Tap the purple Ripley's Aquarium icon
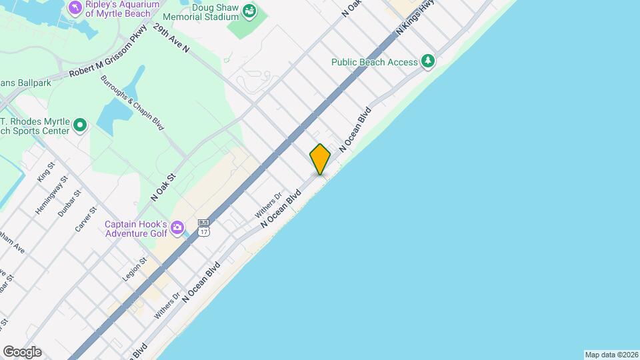point(75,7)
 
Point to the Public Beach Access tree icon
point(428,62)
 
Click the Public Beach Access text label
point(375,62)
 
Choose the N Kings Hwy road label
point(415,18)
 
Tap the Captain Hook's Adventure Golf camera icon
point(177,227)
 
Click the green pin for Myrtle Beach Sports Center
point(80,125)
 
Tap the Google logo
point(22,351)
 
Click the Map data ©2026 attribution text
point(611,355)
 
